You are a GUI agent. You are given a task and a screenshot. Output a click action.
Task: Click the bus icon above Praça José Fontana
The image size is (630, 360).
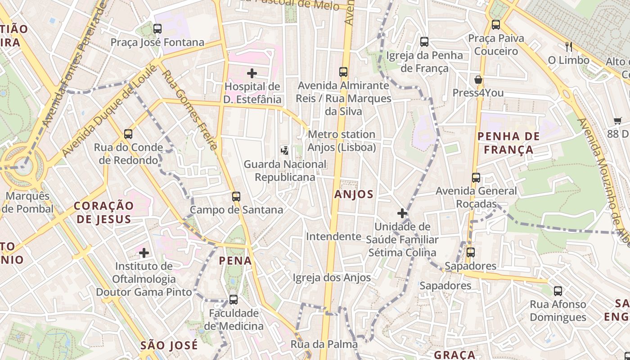[x=157, y=29]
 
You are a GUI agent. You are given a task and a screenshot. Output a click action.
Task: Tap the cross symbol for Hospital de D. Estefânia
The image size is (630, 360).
[x=252, y=73]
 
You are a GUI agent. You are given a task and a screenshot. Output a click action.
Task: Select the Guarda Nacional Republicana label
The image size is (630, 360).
[x=285, y=171]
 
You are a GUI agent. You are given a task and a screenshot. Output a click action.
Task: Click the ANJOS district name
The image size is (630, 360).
[x=354, y=194]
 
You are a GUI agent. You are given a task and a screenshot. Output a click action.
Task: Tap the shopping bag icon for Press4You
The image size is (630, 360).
[x=478, y=80]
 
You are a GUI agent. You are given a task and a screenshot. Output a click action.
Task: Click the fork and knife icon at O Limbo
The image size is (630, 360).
[x=569, y=46]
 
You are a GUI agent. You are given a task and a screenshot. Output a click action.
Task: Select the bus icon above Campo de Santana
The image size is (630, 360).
[x=236, y=196]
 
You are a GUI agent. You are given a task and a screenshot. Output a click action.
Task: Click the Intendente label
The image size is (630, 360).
[x=333, y=236]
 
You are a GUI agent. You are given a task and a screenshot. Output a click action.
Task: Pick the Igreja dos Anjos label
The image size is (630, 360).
[x=332, y=278]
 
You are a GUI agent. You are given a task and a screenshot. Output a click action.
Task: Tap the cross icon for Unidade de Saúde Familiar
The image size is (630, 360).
[x=402, y=213]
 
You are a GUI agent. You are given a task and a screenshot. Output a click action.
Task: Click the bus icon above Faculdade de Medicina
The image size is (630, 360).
[x=233, y=299]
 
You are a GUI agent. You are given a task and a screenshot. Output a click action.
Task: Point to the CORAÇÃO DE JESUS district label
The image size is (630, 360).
[x=104, y=212]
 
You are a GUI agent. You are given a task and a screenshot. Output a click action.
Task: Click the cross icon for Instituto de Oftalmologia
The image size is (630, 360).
[x=144, y=253]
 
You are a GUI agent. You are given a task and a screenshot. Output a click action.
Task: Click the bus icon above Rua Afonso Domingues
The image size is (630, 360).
[x=558, y=291]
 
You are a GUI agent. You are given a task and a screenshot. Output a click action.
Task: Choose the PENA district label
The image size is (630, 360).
[x=235, y=260]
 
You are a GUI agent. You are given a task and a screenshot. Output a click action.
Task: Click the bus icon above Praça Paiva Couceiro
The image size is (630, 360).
[x=496, y=25]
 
